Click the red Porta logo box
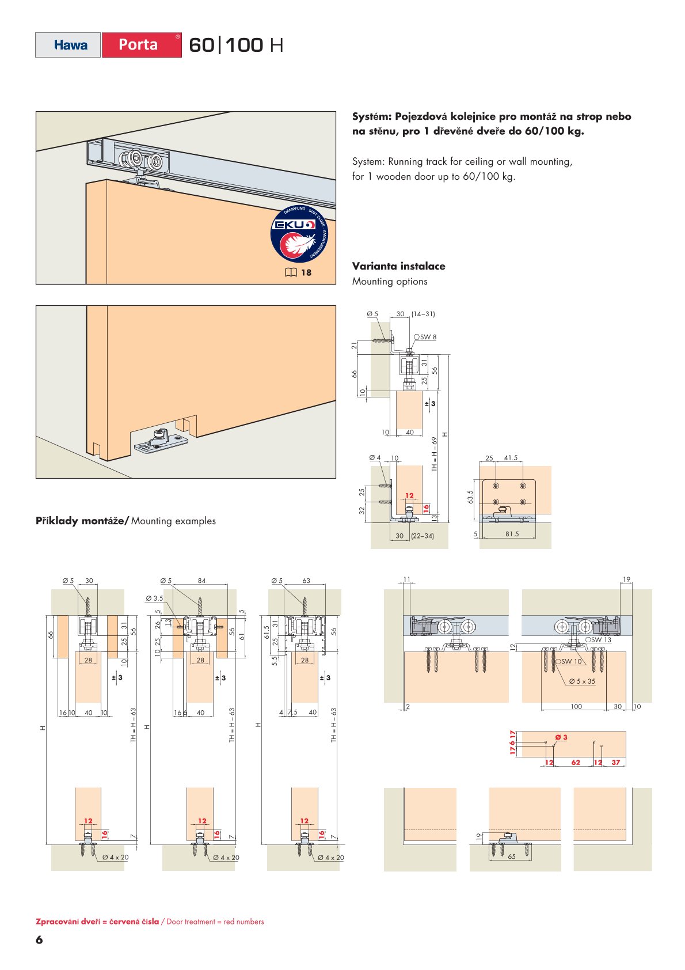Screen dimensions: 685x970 pyautogui.click(x=142, y=45)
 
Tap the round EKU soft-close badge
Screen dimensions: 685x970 pyautogui.click(x=299, y=234)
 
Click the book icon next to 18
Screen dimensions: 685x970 pyautogui.click(x=291, y=272)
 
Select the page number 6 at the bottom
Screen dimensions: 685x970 pyautogui.click(x=39, y=939)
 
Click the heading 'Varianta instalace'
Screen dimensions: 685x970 pyautogui.click(x=398, y=266)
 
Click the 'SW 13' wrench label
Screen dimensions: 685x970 pyautogui.click(x=598, y=639)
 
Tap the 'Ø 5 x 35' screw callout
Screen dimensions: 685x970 pyautogui.click(x=582, y=681)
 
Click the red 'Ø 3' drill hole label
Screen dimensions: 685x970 pyautogui.click(x=561, y=737)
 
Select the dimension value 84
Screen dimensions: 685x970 pyautogui.click(x=201, y=581)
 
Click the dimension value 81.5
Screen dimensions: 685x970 pyautogui.click(x=512, y=534)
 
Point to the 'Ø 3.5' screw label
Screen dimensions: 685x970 pyautogui.click(x=154, y=598)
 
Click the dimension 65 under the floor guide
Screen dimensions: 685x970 pyautogui.click(x=512, y=857)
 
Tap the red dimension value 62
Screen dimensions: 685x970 pyautogui.click(x=576, y=762)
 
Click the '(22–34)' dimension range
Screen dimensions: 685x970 pyautogui.click(x=423, y=536)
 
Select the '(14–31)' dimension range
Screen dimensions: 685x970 pyautogui.click(x=423, y=314)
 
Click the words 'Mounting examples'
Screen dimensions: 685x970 pyautogui.click(x=173, y=521)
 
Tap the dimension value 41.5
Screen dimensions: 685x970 pyautogui.click(x=511, y=458)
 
